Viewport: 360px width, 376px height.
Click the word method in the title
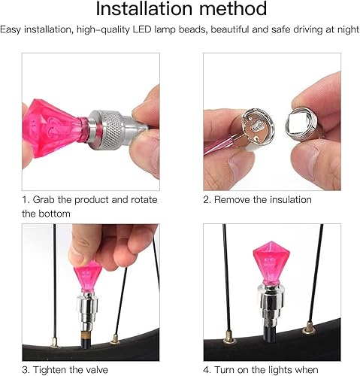[x=231, y=10]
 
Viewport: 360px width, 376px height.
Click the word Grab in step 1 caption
[x=50, y=200]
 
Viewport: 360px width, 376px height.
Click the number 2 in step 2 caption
[x=206, y=200]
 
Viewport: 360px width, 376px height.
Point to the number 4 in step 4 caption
[x=207, y=370]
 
